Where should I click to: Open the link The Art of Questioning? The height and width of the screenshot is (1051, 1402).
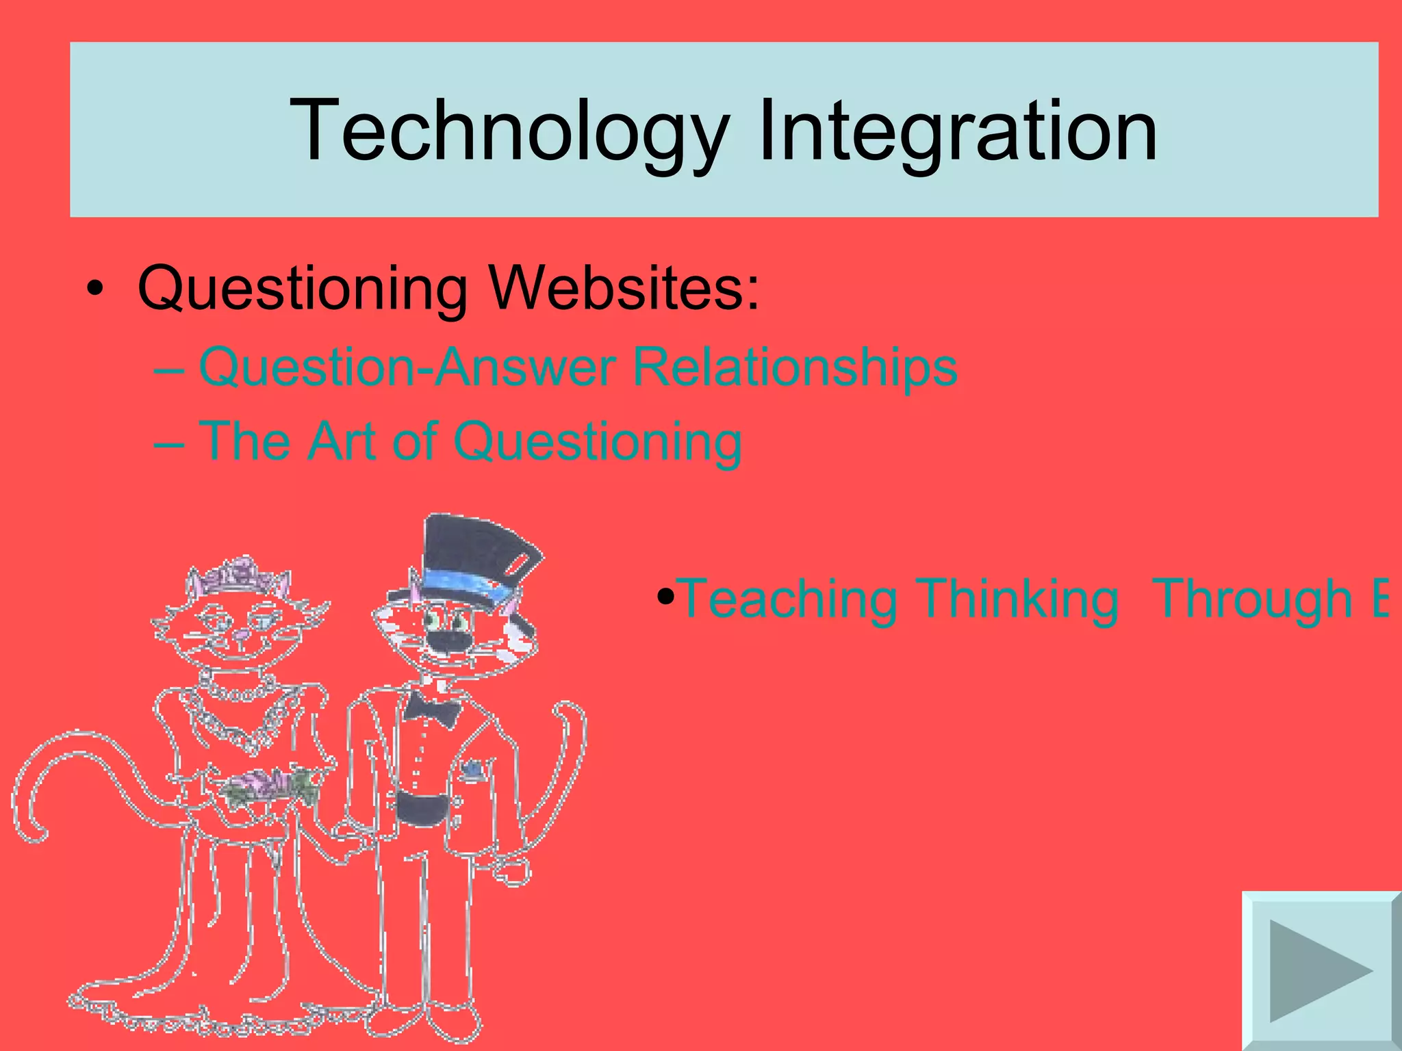[470, 441]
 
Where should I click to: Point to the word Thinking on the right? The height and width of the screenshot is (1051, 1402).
[1018, 599]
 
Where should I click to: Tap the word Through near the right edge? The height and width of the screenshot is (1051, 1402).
[1253, 599]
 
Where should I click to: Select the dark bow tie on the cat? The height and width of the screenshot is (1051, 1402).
[431, 709]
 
